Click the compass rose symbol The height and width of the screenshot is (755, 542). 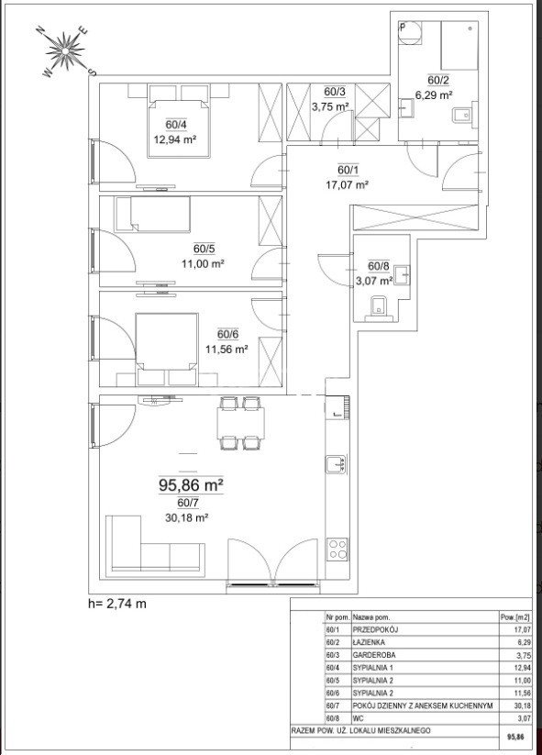[66, 51]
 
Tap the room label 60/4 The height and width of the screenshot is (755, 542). [176, 125]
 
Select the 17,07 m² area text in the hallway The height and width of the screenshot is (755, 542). [347, 184]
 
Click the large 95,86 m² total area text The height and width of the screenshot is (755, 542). [191, 485]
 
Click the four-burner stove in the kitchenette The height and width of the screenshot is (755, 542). [337, 549]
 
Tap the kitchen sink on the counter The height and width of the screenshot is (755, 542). [336, 464]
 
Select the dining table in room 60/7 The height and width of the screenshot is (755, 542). [240, 423]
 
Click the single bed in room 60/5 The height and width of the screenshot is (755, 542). [152, 214]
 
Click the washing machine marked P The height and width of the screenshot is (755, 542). [411, 34]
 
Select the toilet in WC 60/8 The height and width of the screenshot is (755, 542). [380, 308]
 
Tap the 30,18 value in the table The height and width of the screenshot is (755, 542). [524, 705]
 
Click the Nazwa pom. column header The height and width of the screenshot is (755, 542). [371, 616]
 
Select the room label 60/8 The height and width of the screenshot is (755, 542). [379, 266]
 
